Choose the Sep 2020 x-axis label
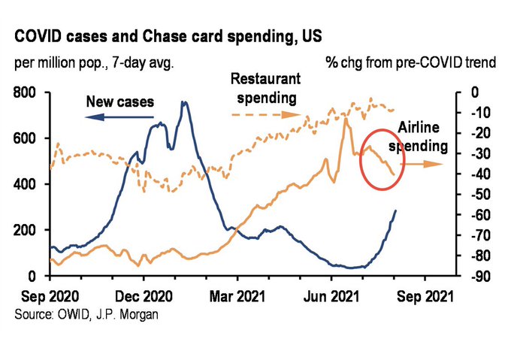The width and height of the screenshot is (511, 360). pyautogui.click(x=50, y=295)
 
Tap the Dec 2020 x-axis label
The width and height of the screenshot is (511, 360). pyautogui.click(x=144, y=295)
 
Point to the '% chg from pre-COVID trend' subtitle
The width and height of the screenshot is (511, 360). pyautogui.click(x=412, y=62)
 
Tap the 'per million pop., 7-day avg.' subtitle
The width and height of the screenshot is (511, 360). pyautogui.click(x=94, y=62)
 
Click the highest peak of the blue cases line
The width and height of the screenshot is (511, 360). pyautogui.click(x=183, y=103)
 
